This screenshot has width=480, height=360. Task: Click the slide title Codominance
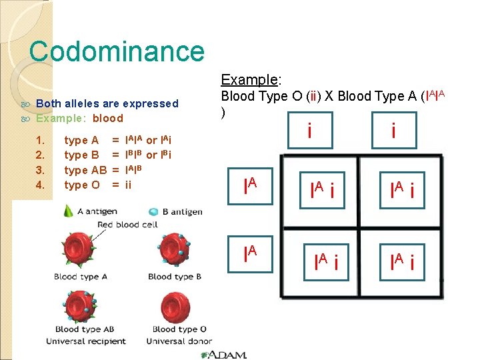[x=117, y=51]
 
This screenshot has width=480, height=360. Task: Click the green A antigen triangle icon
[x=68, y=211]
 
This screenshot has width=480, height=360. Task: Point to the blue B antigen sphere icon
[x=153, y=211]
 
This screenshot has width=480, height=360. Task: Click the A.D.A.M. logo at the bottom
[x=227, y=354]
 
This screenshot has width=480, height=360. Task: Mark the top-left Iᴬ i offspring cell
[x=323, y=193]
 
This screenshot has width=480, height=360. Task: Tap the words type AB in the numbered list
[x=85, y=170]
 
